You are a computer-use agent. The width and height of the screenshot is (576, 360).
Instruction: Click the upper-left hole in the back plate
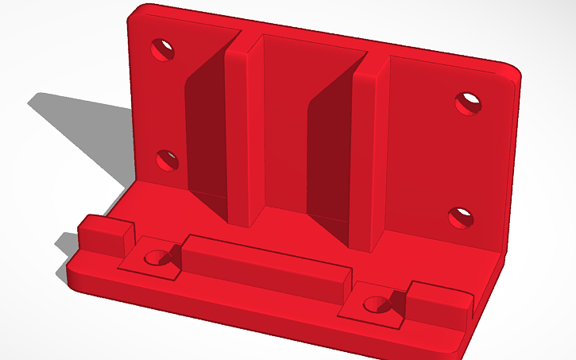(164, 50)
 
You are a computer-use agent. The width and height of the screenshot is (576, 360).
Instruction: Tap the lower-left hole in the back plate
(165, 161)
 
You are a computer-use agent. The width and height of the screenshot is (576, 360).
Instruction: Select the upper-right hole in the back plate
(469, 103)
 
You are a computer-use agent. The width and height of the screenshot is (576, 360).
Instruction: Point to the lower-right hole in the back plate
(460, 217)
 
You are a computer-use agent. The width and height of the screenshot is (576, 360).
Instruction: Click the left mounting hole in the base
(155, 257)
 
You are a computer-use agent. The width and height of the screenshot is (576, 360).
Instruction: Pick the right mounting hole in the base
(374, 303)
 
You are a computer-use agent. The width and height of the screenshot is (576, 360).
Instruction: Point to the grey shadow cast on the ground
(79, 135)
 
